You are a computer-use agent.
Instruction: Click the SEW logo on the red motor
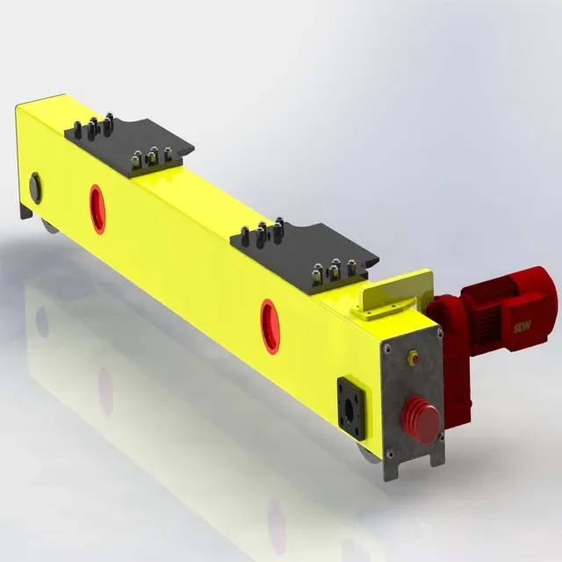(x=522, y=327)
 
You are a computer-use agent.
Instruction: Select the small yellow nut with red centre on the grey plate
(x=414, y=357)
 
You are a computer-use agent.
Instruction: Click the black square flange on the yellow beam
(x=351, y=407)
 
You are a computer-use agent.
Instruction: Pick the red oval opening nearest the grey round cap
(x=97, y=209)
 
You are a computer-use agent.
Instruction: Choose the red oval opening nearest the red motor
(x=270, y=326)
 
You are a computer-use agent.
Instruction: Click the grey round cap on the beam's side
(x=35, y=188)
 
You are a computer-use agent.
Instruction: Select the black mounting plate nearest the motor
(x=305, y=256)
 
